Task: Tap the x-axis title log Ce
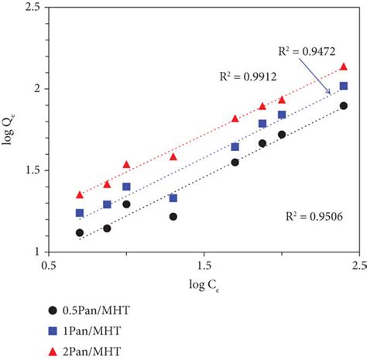pos(204,287)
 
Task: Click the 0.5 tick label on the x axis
pos(49,266)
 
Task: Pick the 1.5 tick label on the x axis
pos(203,266)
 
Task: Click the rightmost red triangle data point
pos(344,67)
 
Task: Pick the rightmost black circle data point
pos(344,106)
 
